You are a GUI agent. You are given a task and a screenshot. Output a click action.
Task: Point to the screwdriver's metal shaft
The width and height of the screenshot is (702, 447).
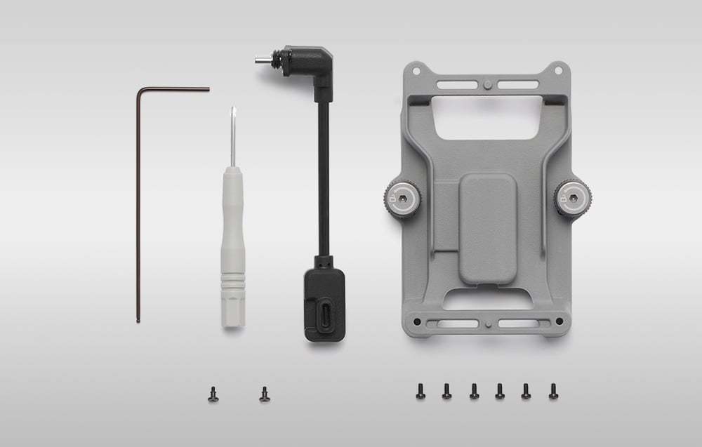[232, 137]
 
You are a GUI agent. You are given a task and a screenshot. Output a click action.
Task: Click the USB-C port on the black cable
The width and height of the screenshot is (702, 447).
[325, 312]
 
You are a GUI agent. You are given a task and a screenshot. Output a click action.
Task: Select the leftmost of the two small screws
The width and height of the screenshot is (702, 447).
[213, 395]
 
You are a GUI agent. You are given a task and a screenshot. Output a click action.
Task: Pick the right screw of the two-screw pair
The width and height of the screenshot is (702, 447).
[265, 394]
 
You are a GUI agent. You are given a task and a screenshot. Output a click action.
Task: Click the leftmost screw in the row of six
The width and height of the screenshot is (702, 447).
[420, 391]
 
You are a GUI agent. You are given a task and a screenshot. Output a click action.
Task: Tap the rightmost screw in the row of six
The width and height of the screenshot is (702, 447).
[553, 391]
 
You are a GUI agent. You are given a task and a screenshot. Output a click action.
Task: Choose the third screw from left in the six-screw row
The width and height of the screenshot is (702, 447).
[474, 391]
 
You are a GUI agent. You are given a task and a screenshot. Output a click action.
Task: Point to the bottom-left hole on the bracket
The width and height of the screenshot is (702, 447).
[417, 322]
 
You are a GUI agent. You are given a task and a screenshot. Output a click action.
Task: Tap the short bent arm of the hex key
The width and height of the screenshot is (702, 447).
[175, 89]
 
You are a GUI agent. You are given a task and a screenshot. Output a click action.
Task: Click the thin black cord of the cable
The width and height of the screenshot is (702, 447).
[324, 182]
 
